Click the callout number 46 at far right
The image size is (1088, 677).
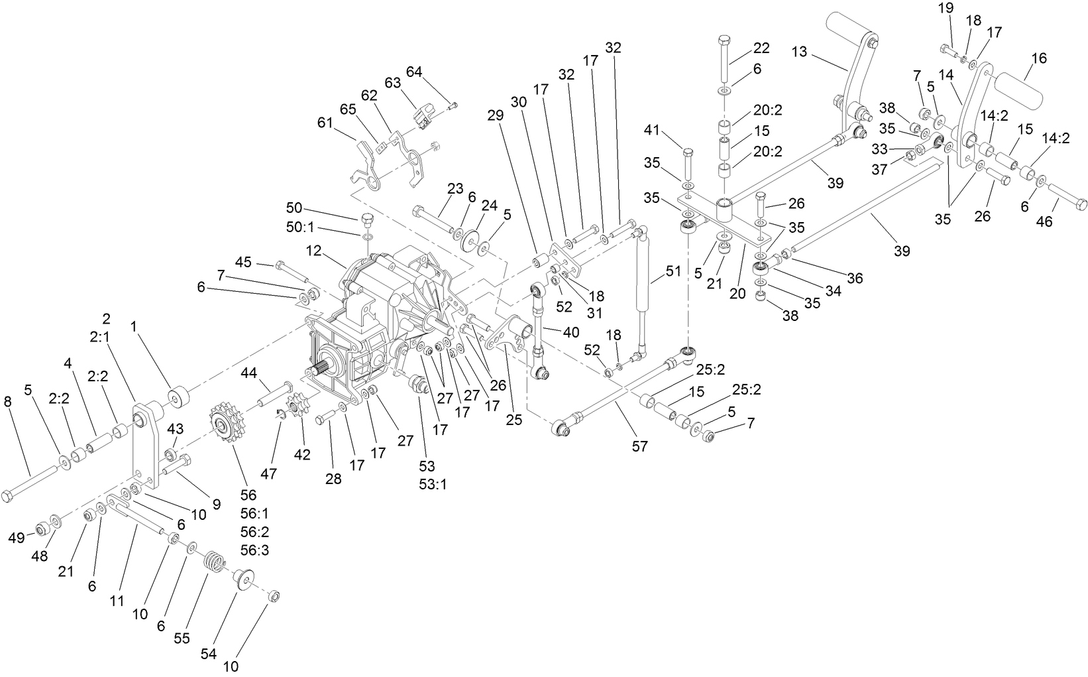pyautogui.click(x=1044, y=221)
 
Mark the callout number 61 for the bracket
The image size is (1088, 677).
pyautogui.click(x=325, y=122)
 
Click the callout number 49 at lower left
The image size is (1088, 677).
pyautogui.click(x=16, y=537)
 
